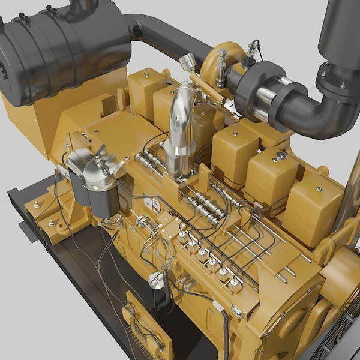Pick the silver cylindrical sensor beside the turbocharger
[x=188, y=61]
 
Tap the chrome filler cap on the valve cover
[x=280, y=156]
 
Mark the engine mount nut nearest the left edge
[x=37, y=205]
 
